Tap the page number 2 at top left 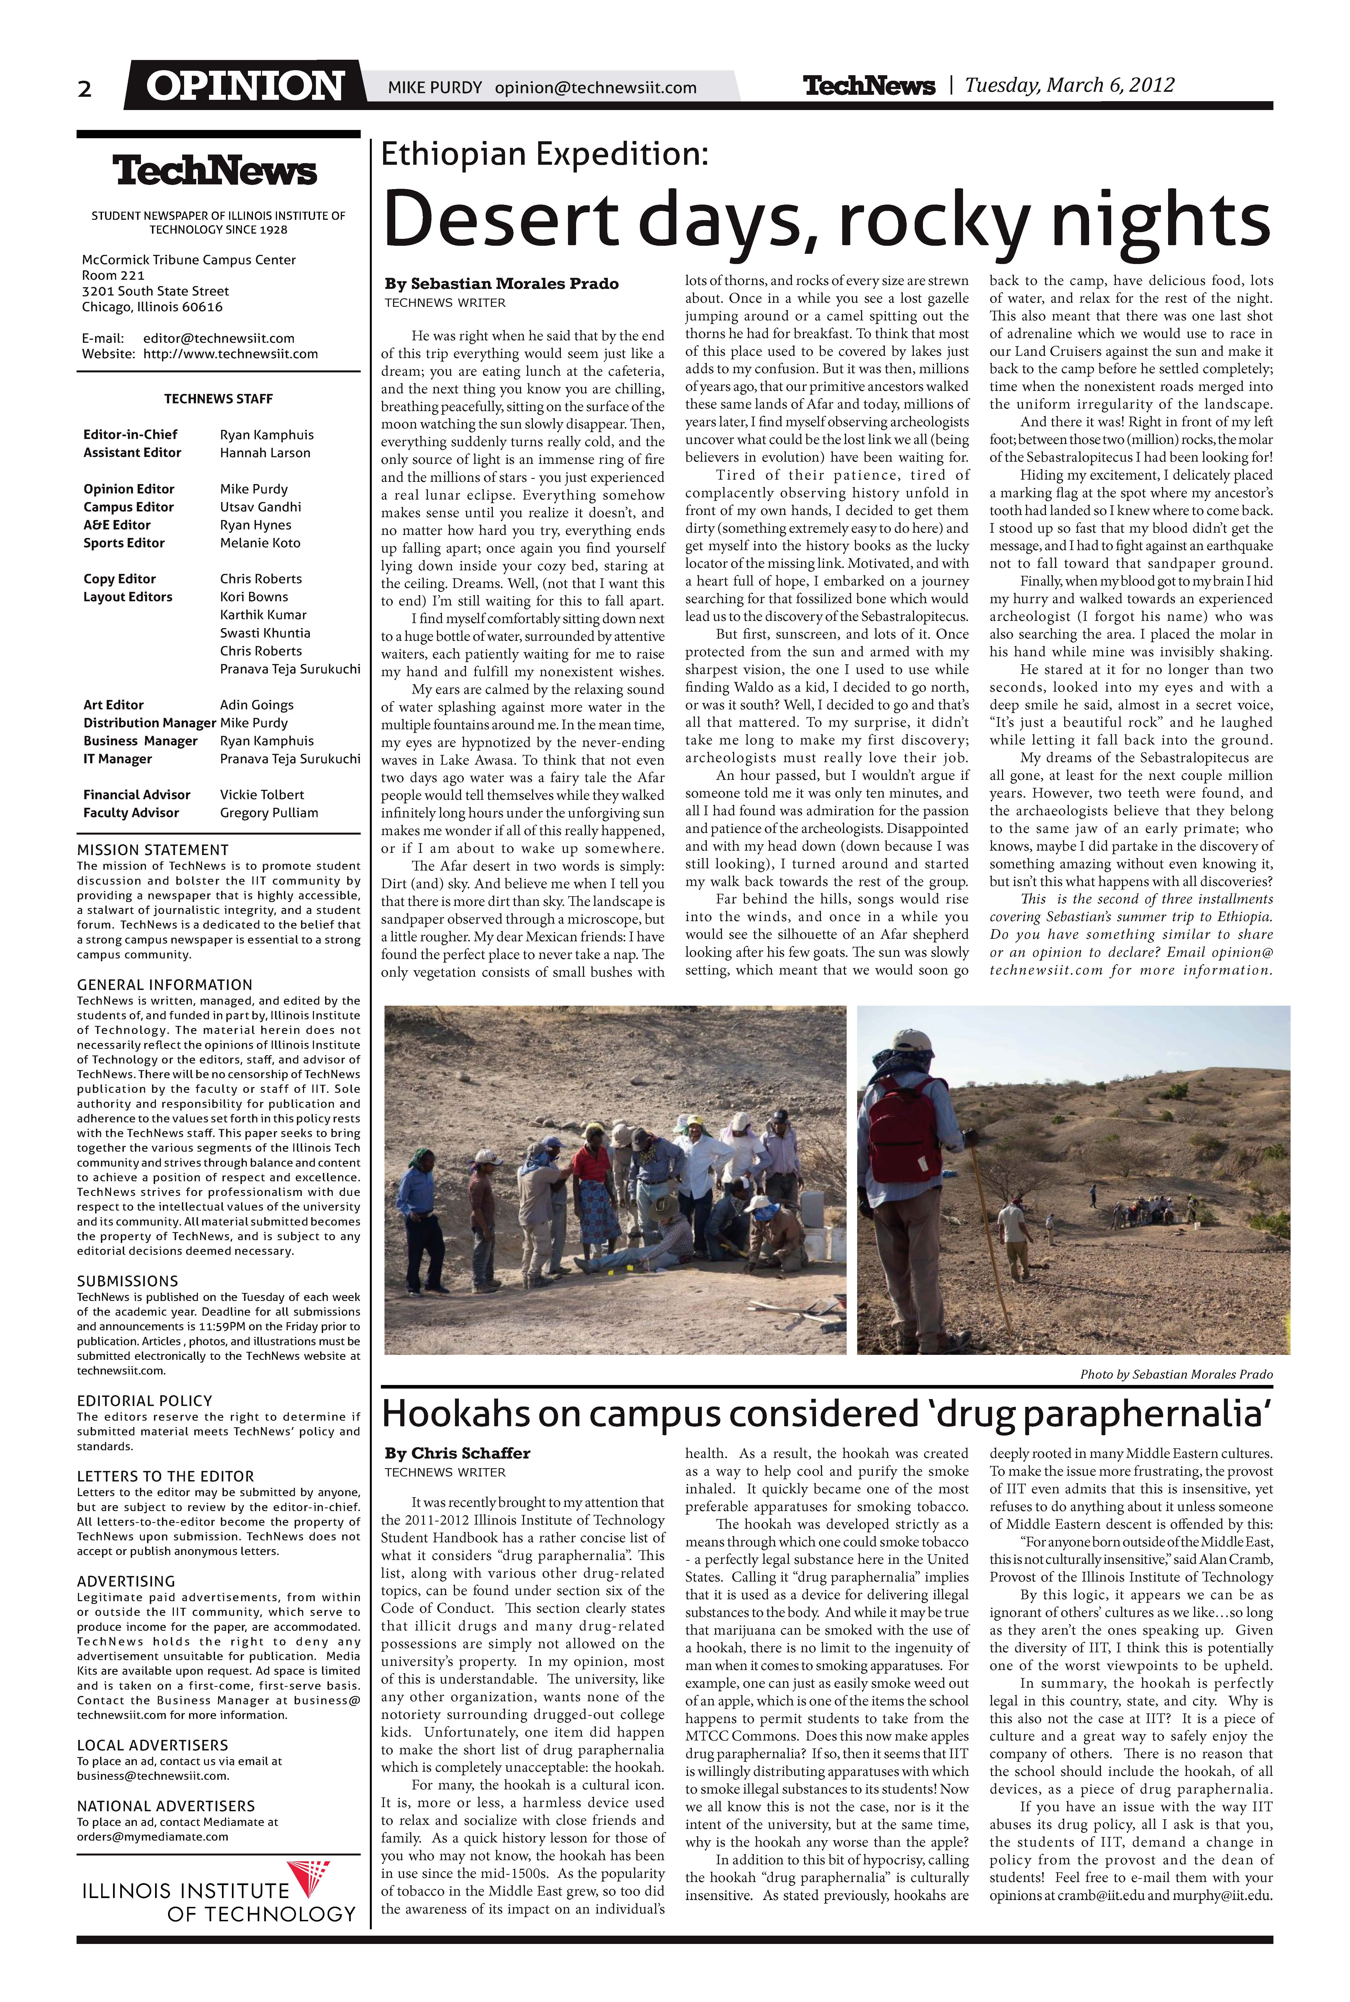84,89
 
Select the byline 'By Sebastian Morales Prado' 501,283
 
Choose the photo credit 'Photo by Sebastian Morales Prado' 1176,1374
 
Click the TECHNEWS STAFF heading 219,399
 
